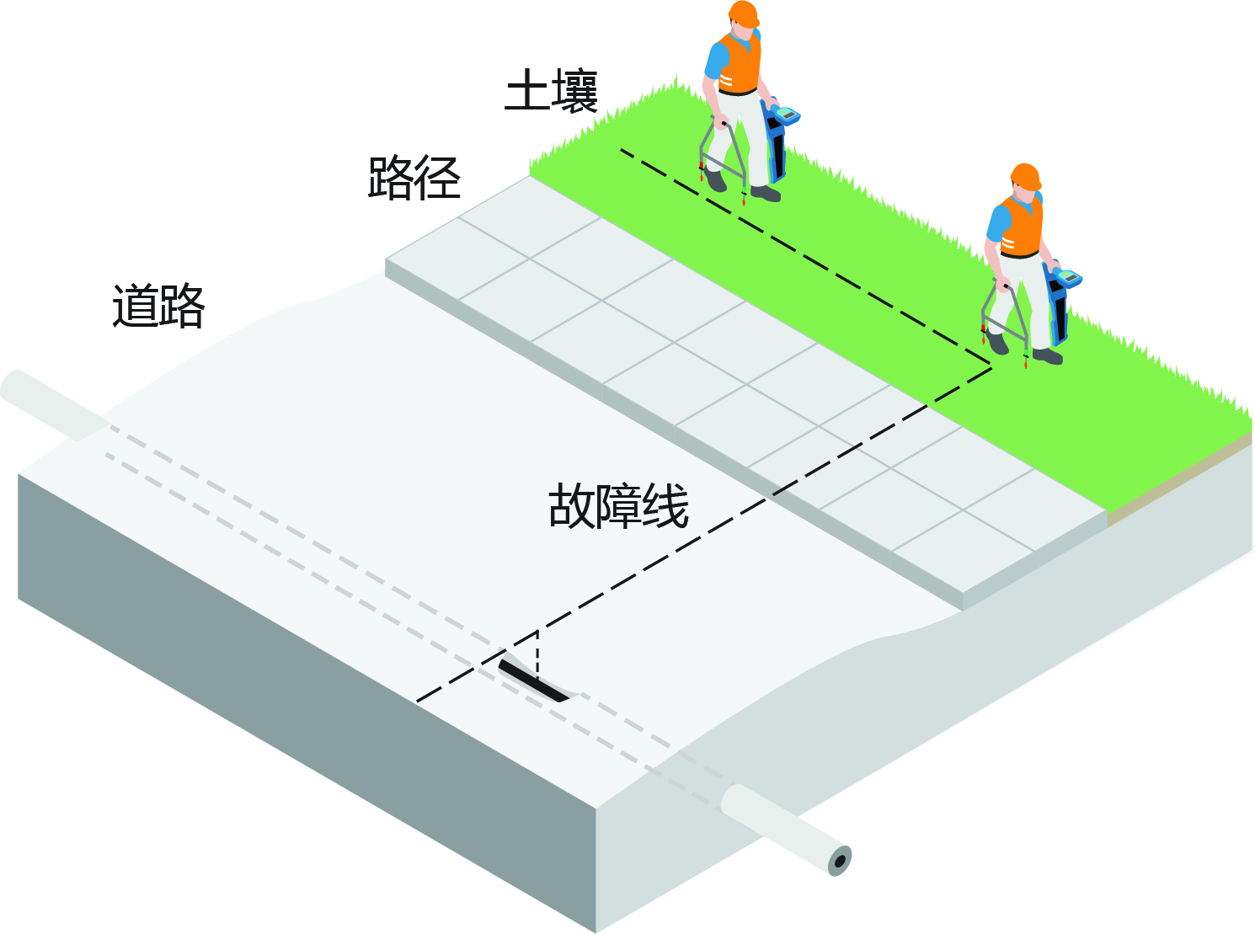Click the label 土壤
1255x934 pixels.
tap(551, 90)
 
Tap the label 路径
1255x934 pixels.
tap(414, 178)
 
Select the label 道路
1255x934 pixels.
tap(158, 306)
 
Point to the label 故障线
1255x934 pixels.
tap(618, 506)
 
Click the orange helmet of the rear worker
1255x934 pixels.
tap(744, 14)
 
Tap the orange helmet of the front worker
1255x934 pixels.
tap(1026, 177)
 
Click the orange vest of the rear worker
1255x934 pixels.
tap(740, 63)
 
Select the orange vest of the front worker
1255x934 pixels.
tap(1022, 227)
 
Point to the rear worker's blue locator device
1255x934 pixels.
tap(779, 139)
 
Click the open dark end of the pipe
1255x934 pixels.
tap(841, 862)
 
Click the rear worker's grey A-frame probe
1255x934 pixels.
tap(722, 158)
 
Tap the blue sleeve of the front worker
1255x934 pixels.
tap(998, 224)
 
